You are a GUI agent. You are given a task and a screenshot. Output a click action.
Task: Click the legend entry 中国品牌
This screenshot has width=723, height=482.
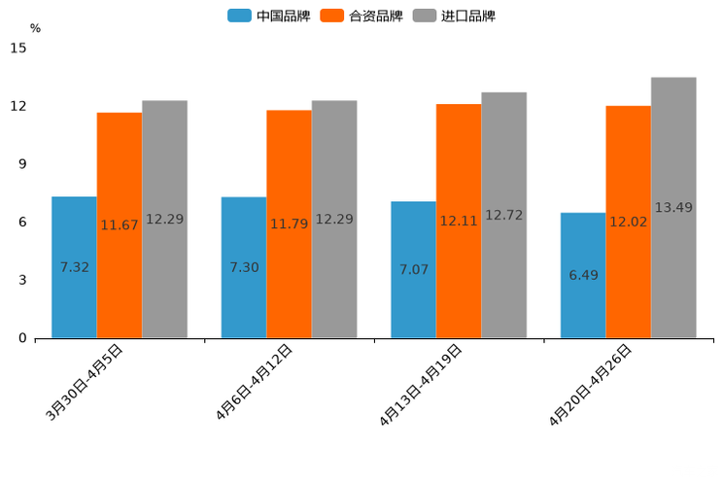pos(268,16)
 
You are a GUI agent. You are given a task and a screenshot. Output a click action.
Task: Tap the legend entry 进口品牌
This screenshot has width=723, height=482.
pos(454,16)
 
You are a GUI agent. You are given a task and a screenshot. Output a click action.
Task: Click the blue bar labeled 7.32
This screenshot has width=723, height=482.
pos(74,267)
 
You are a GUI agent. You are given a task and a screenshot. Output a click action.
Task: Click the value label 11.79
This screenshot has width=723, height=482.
pos(289,224)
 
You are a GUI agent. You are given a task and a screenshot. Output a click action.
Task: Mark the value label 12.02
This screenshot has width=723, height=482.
pos(628,222)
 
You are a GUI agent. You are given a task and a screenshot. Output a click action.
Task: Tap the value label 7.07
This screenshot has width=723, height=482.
pos(414,269)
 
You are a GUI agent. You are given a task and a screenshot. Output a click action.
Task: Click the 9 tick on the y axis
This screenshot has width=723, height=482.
pos(22,164)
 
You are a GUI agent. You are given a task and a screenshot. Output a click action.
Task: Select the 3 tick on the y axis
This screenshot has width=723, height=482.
pos(22,280)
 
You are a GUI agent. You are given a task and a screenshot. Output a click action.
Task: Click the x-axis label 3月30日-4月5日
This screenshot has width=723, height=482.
pos(85,382)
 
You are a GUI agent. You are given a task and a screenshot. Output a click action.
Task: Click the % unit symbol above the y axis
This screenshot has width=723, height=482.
pos(35,28)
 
